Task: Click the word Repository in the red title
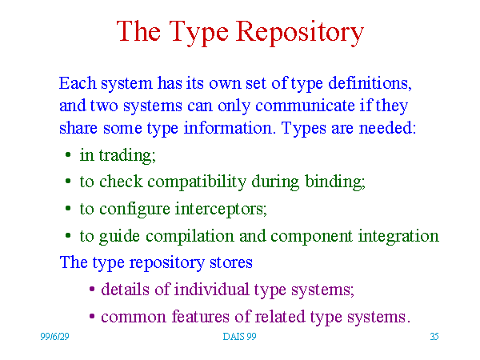point(300,32)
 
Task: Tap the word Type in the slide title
point(198,33)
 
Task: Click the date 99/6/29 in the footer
point(54,337)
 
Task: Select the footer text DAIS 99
point(239,337)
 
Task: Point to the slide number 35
point(434,337)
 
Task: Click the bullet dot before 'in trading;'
point(68,154)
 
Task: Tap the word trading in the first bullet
point(127,155)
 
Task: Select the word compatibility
point(197,182)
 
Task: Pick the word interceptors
point(221,210)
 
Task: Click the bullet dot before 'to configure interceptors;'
point(68,209)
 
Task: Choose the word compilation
point(190,237)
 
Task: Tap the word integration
point(398,237)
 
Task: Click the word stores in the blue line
point(231,262)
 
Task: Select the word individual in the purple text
point(211,290)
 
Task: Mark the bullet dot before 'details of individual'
point(92,289)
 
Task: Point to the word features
point(200,316)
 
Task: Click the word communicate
point(305,106)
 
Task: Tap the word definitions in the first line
point(370,83)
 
